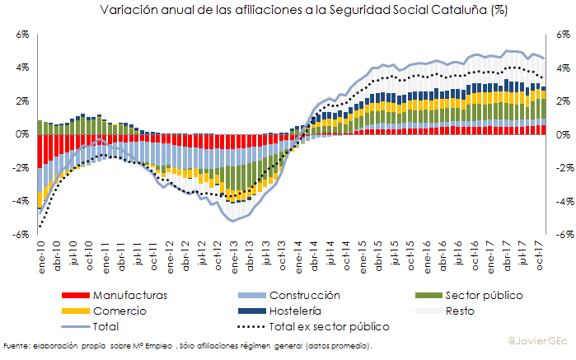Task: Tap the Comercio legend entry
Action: tap(119, 311)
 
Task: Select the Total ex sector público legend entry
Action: tap(335, 326)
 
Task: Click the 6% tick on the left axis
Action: tap(22, 35)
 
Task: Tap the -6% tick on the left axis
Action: tap(21, 235)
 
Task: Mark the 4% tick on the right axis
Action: tap(561, 68)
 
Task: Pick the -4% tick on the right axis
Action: tap(562, 201)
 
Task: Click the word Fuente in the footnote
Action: tap(18, 345)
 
